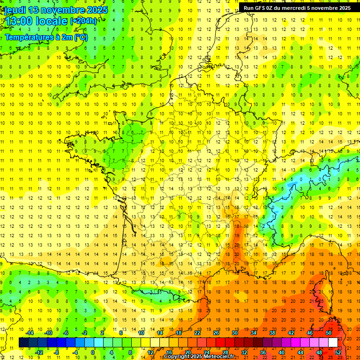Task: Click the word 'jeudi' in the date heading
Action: [x=15, y=10]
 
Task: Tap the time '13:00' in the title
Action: [x=20, y=21]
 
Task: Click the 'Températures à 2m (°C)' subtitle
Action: [x=46, y=37]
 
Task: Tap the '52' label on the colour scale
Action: [x=337, y=352]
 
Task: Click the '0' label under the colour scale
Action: [x=93, y=352]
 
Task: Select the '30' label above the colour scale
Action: [x=234, y=333]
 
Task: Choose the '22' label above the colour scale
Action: [x=197, y=333]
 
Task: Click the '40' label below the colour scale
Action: [x=281, y=352]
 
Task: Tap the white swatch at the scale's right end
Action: [x=333, y=342]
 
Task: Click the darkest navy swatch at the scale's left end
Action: [x=23, y=342]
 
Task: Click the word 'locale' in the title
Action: [x=53, y=21]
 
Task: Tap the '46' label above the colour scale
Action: [x=309, y=333]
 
